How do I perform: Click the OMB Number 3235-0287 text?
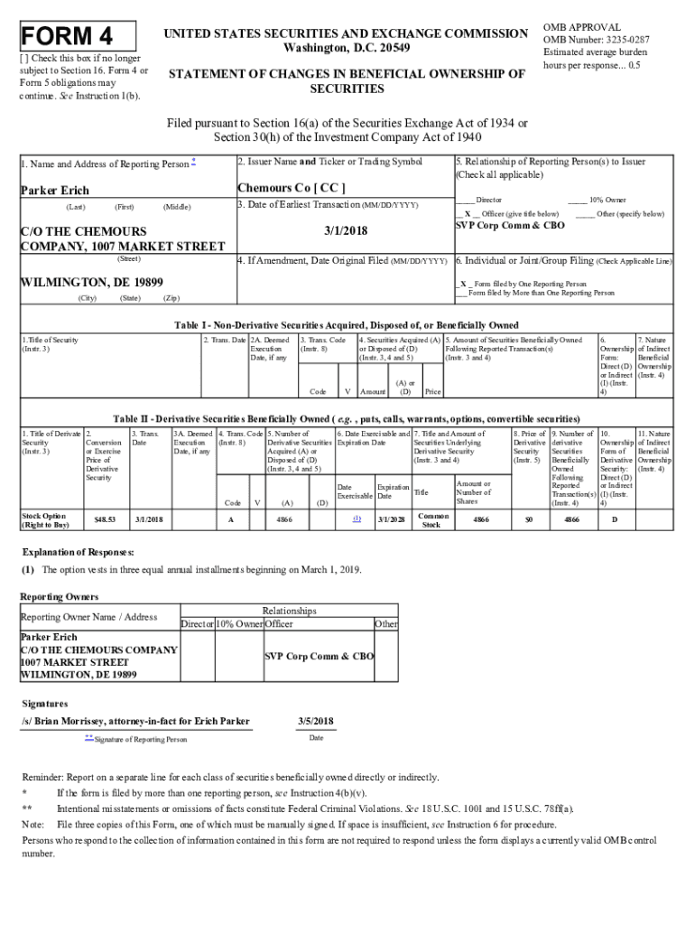[596, 40]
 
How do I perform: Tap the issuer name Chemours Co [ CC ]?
[292, 189]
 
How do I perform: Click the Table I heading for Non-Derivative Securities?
[347, 325]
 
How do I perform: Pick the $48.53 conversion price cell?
[104, 519]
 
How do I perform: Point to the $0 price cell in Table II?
[529, 519]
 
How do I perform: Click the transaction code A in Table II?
[231, 519]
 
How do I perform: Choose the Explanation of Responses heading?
[78, 551]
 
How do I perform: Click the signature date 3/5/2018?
[316, 721]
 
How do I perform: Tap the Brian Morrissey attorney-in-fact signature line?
[135, 721]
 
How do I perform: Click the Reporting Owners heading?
[60, 597]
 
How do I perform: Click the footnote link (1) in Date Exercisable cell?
[357, 519]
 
